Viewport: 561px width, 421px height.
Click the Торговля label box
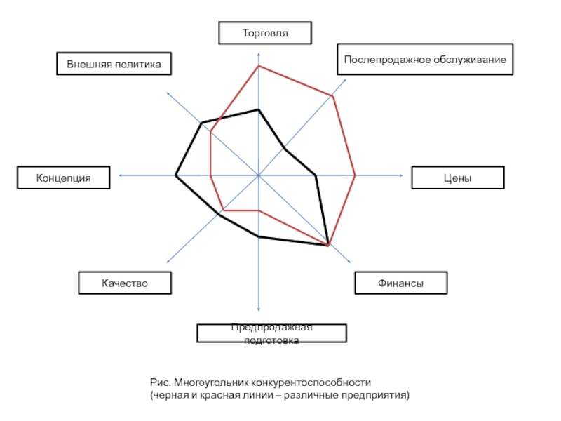tap(265, 33)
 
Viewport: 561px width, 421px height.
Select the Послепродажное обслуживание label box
tap(425, 60)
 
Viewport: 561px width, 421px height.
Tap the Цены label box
tap(458, 178)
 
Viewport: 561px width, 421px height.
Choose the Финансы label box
tap(401, 283)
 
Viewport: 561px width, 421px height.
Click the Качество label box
tap(125, 283)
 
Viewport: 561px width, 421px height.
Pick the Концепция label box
tap(63, 178)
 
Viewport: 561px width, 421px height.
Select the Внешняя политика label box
tap(114, 64)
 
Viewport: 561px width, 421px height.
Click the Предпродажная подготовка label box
tap(271, 333)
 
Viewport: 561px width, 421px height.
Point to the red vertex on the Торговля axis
tap(259, 66)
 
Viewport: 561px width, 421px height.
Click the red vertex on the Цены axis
tap(355, 175)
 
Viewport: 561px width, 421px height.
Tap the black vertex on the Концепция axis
tap(175, 175)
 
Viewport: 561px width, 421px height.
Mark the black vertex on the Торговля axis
tap(259, 110)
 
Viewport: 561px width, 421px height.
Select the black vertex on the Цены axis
tap(316, 175)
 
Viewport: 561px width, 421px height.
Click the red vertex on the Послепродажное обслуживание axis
tap(332, 96)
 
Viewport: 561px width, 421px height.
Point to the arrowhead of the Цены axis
tap(402, 175)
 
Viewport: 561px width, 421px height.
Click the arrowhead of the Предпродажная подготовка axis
tap(259, 309)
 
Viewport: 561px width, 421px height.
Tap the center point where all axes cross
tap(258, 175)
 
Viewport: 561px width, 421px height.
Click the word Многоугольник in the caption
tap(211, 382)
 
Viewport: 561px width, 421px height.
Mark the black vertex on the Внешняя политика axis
tap(202, 123)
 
